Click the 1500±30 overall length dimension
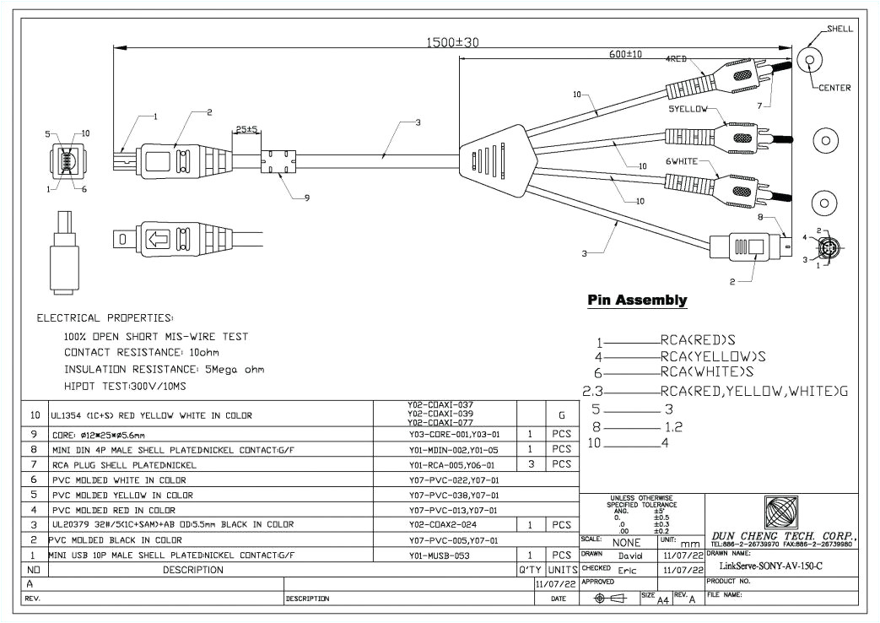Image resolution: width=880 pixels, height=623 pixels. [451, 41]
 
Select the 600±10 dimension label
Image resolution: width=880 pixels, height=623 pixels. [625, 54]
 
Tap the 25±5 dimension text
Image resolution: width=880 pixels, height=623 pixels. [247, 130]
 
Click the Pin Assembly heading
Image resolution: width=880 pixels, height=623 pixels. [637, 301]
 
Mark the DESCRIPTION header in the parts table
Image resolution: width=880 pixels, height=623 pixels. [194, 570]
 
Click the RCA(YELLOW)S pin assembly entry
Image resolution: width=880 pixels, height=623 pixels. [713, 357]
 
